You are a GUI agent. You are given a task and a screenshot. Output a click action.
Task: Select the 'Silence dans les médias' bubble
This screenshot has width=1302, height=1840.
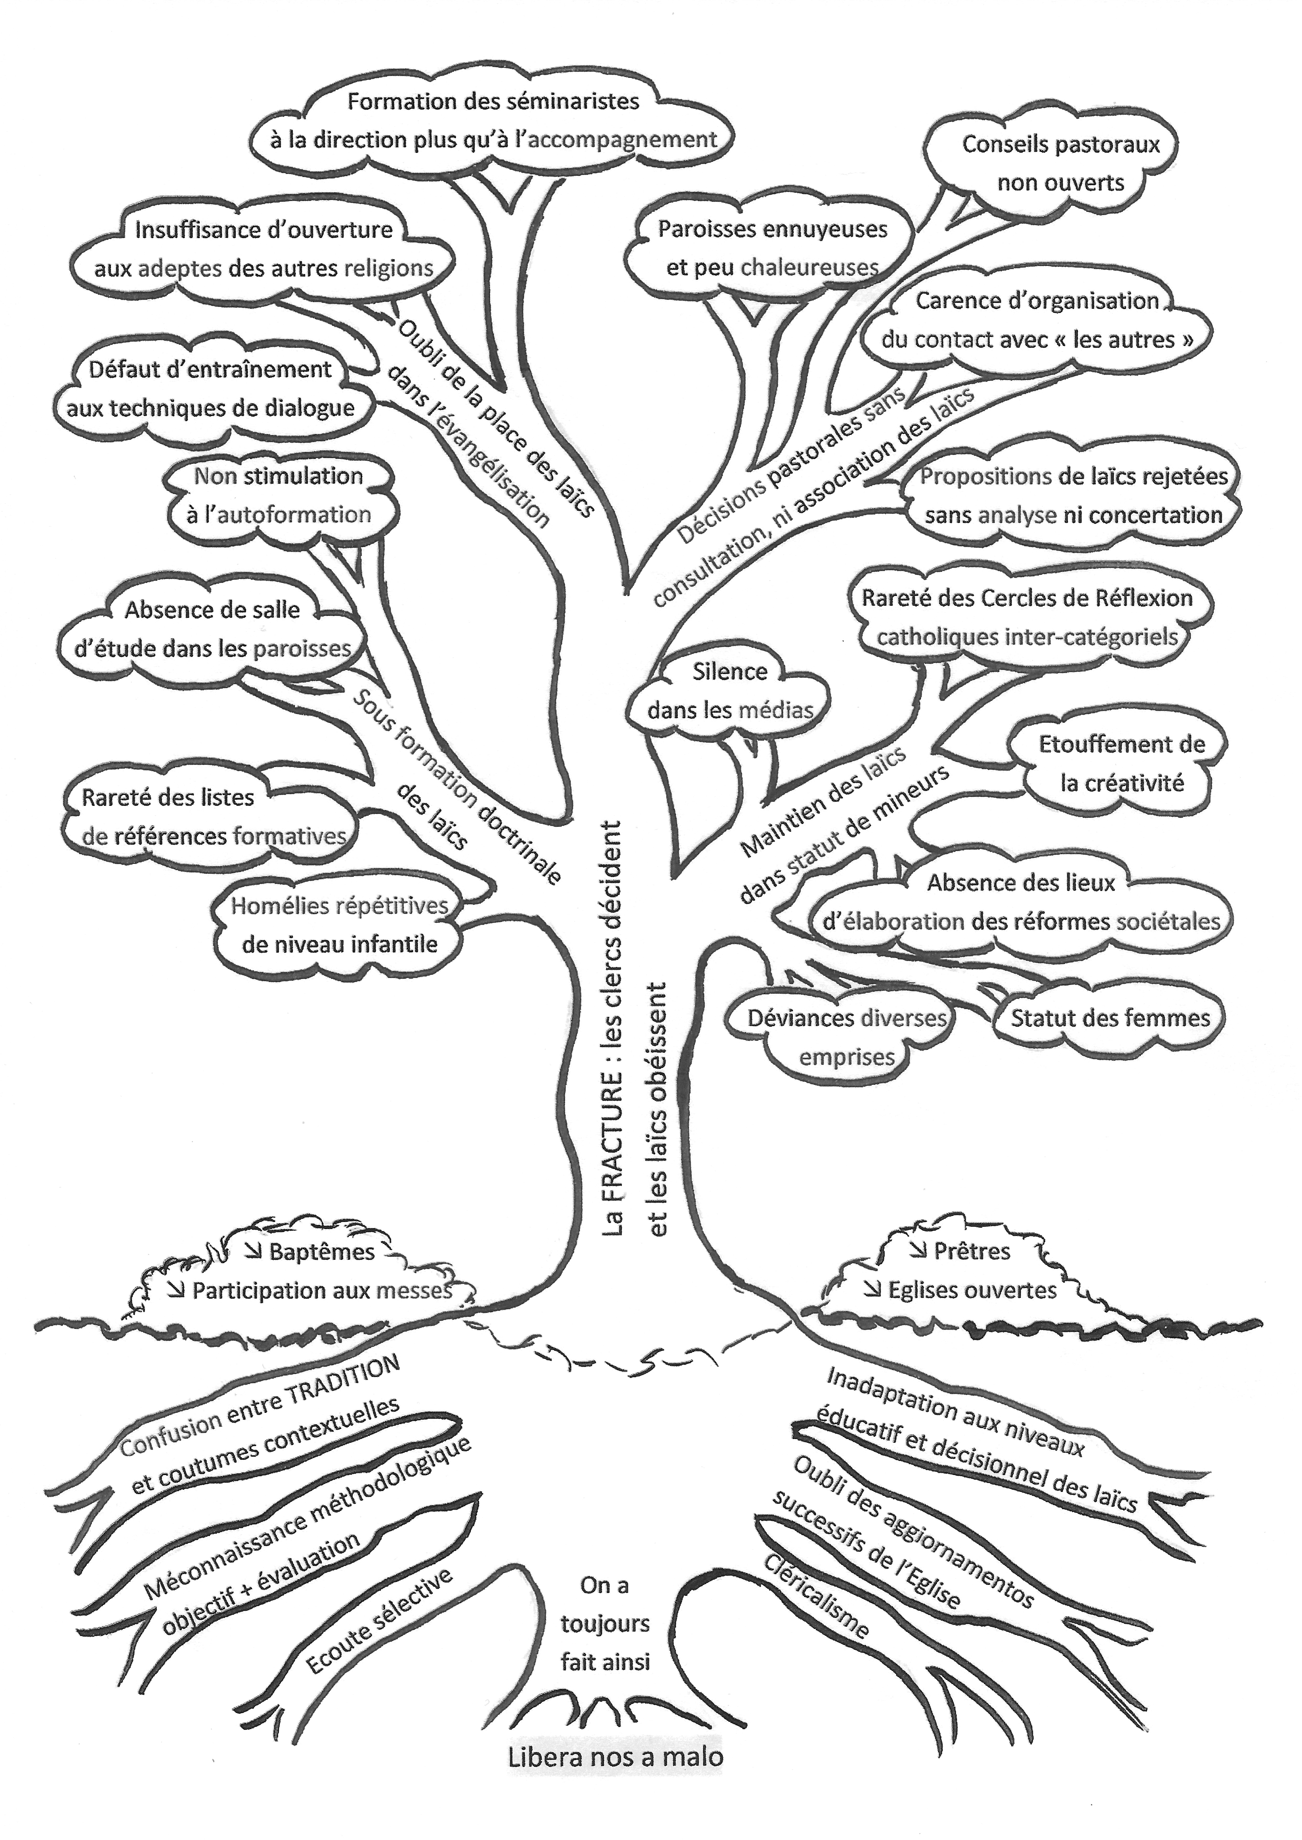[x=729, y=691]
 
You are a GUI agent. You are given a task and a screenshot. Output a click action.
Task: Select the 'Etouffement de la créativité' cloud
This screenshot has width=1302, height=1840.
[x=1121, y=763]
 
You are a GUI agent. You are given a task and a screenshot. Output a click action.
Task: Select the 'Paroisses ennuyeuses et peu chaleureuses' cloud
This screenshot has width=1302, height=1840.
[x=772, y=249]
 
